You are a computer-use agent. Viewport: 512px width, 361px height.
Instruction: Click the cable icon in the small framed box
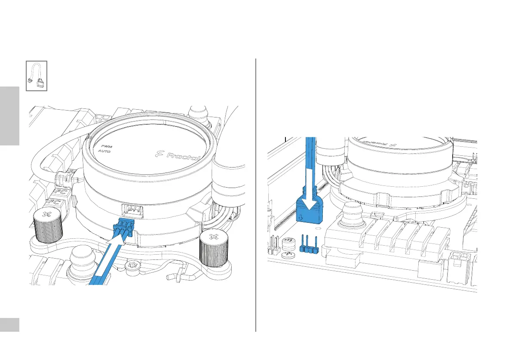(36, 76)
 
